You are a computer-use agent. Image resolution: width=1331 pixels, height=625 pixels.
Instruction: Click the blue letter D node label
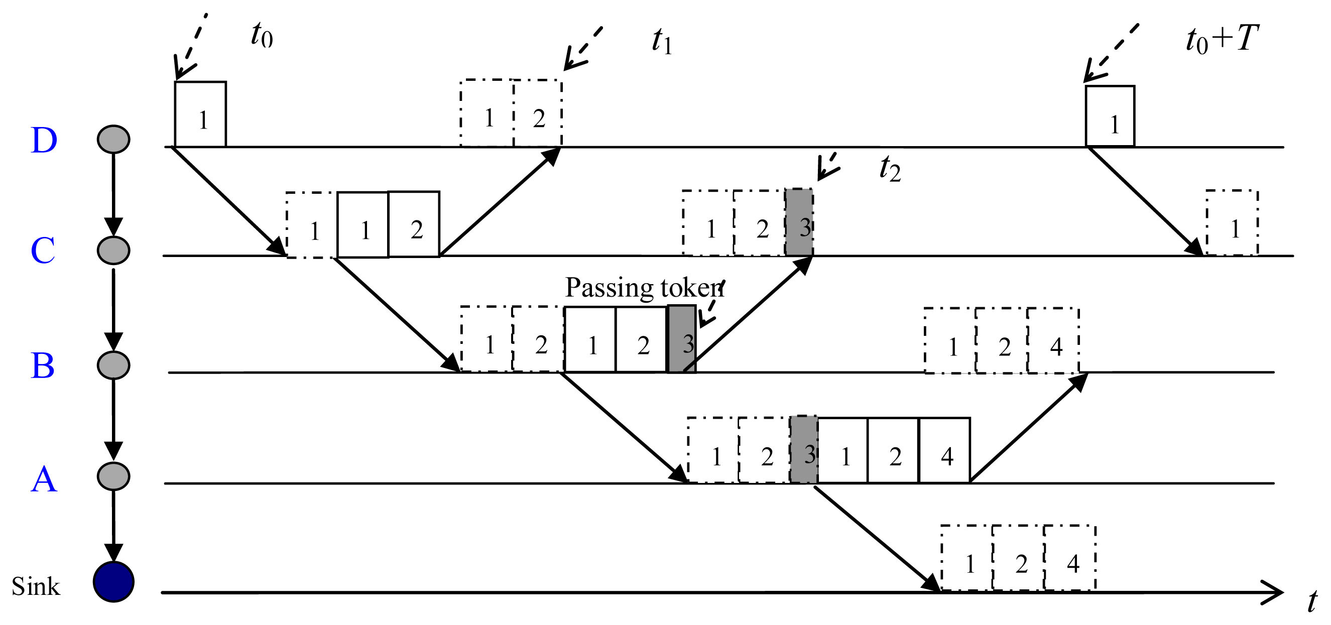(43, 140)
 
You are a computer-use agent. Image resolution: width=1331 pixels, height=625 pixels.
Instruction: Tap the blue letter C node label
(43, 251)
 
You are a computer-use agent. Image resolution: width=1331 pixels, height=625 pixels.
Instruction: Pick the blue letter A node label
(43, 479)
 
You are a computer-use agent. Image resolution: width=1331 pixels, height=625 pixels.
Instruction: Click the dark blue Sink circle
(113, 582)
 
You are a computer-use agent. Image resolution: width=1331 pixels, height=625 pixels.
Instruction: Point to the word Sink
(36, 586)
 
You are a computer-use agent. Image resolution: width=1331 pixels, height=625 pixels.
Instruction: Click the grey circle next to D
(113, 140)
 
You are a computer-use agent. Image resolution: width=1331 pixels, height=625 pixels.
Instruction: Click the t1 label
(662, 41)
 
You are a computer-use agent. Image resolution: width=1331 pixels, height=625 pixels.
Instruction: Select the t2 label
(890, 169)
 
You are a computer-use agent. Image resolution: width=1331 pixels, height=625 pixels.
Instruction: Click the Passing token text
(644, 288)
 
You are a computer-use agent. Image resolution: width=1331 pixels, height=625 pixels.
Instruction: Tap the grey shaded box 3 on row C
(799, 222)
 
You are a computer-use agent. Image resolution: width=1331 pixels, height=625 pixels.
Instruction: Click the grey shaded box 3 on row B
(682, 339)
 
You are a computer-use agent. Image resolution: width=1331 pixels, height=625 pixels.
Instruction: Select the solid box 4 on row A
(944, 450)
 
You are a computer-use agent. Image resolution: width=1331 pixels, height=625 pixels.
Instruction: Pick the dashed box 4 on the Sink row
(1069, 558)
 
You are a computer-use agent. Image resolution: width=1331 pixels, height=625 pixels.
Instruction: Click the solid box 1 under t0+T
(1111, 117)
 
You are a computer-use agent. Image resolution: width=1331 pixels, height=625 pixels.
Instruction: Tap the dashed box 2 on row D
(538, 113)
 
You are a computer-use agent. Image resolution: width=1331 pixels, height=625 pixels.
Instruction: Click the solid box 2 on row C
(414, 224)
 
